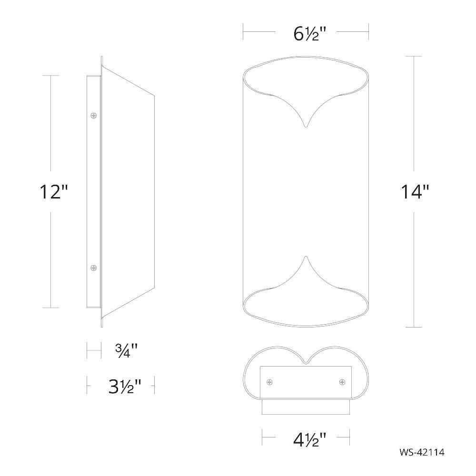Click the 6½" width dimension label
coord(309,34)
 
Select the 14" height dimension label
coord(415,192)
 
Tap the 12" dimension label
coord(54,192)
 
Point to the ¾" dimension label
coord(126,350)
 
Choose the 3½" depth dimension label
coord(124,386)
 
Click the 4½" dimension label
coord(309,439)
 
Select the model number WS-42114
coord(422,452)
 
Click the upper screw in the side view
coord(94,115)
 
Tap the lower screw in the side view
coord(94,268)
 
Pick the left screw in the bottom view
coord(269,382)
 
